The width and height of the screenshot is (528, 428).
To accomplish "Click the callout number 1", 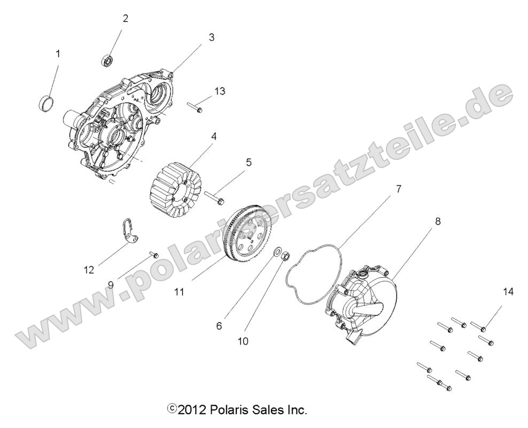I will click(x=58, y=53).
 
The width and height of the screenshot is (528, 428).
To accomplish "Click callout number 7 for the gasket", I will click(x=399, y=189).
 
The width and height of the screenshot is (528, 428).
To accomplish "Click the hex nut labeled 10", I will click(x=285, y=256).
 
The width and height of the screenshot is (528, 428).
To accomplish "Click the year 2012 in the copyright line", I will click(x=191, y=411).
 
